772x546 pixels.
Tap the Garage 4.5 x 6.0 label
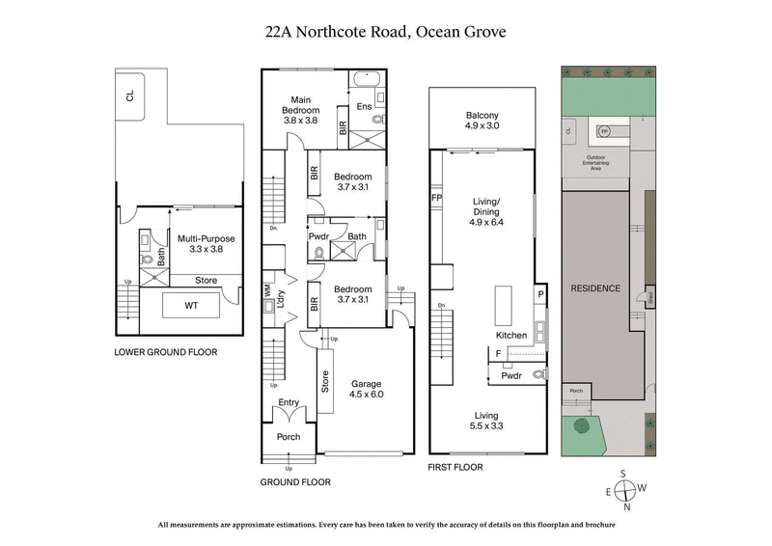tap(367, 388)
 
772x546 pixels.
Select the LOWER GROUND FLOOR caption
tap(165, 352)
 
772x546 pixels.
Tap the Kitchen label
tap(511, 336)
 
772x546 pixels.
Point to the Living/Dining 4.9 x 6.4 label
tap(487, 211)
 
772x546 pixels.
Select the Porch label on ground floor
tap(289, 437)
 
